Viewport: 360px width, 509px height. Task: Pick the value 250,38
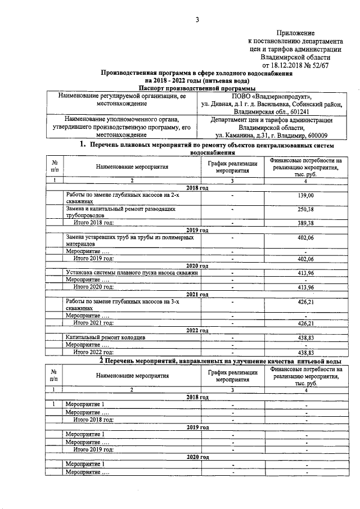click(x=305, y=209)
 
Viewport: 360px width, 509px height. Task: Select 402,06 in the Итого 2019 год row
click(x=305, y=258)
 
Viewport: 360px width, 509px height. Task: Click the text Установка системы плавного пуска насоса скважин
click(x=132, y=272)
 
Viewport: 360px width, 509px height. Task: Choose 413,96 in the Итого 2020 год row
click(x=305, y=287)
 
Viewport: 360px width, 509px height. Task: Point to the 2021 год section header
click(x=197, y=294)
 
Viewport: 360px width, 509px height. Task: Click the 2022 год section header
click(x=197, y=330)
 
